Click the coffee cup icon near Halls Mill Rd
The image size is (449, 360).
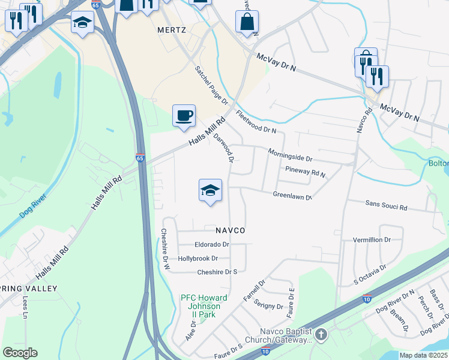(184, 115)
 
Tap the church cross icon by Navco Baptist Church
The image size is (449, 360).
(321, 334)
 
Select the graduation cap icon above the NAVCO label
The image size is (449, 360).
(210, 190)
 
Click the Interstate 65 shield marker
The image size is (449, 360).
(140, 158)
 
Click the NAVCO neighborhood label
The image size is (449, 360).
(231, 230)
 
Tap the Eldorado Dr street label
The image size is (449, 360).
(212, 245)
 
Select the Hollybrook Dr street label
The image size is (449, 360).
(197, 259)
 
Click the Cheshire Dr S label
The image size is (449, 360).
(218, 272)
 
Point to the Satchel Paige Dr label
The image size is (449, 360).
(211, 85)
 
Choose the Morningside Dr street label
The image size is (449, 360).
(290, 155)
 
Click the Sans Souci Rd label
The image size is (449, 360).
(386, 205)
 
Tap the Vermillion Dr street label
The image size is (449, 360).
(372, 239)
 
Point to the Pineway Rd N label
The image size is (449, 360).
(305, 172)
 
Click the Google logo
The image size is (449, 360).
(20, 353)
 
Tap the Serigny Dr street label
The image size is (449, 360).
(268, 304)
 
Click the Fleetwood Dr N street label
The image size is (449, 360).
(256, 121)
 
